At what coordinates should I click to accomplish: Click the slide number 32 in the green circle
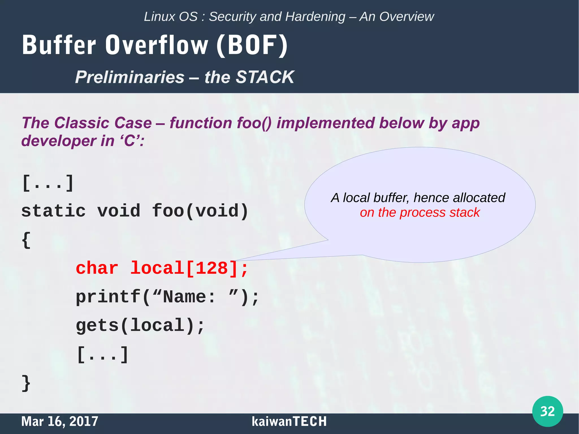tap(547, 411)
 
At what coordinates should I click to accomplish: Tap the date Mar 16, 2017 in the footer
tap(60, 421)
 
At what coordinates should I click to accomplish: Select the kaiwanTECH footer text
tap(289, 421)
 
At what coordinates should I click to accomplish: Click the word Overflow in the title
tap(157, 45)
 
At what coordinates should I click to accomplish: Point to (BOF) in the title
tap(252, 45)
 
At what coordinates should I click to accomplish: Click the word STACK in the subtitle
tap(265, 77)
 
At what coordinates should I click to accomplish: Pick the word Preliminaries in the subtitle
tap(129, 77)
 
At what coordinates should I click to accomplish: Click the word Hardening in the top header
tap(315, 17)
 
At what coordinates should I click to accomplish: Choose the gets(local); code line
tap(140, 325)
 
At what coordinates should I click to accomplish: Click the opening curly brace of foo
tap(26, 240)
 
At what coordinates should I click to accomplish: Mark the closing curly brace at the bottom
tap(26, 383)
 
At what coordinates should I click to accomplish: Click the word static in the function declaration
tap(53, 211)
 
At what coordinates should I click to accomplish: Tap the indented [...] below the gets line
tap(103, 355)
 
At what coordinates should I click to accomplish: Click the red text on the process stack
tap(420, 213)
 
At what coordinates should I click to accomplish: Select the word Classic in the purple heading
tap(81, 123)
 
